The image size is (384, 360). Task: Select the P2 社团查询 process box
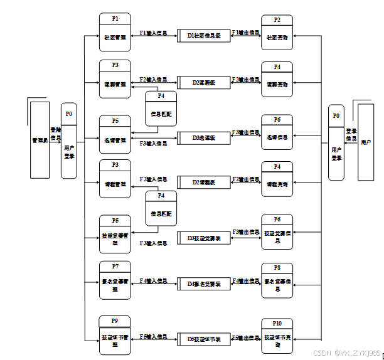coord(277,33)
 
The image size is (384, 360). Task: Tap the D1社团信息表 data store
coord(204,35)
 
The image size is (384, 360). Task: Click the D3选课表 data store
coord(204,137)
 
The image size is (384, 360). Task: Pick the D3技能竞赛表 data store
coord(204,238)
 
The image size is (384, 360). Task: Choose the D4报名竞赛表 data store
coord(204,283)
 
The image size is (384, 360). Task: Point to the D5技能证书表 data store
coord(204,339)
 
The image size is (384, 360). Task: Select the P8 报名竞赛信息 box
coord(277,279)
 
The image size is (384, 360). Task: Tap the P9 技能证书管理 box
coord(115,333)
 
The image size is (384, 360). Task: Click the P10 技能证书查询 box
coord(277,336)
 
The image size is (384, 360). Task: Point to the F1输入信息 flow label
coord(153,33)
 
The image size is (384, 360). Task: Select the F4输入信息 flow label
coord(153,280)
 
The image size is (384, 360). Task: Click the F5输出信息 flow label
coord(246,338)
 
